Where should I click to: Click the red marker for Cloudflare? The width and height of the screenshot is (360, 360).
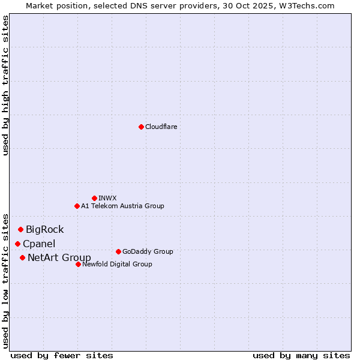pos(141,127)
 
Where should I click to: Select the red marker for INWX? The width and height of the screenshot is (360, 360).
pos(94,198)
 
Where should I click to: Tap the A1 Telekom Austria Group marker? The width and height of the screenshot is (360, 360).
pos(77,206)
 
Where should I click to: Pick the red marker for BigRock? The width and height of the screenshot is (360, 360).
pos(20,229)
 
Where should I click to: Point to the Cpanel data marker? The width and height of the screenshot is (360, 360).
pos(17,244)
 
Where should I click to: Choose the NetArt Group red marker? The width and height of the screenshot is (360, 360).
pos(22,257)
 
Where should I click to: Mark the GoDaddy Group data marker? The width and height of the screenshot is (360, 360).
pos(118,251)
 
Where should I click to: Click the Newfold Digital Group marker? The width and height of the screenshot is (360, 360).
pos(78,264)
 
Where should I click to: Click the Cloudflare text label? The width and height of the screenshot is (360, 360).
pos(161,127)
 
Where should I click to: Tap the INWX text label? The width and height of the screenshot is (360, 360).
pos(107,198)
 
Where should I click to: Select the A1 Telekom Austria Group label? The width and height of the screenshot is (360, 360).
pos(122,206)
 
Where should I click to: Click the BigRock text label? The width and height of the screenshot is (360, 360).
pos(44,229)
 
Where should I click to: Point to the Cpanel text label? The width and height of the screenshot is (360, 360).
pos(39,244)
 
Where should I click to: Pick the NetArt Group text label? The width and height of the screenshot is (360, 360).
pos(59,258)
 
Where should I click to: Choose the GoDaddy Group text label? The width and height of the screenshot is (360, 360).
pos(148,251)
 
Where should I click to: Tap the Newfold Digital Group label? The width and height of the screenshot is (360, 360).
pos(117,264)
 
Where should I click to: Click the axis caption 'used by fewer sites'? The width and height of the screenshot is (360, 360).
pos(62,355)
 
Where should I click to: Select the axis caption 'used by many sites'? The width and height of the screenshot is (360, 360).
pos(301,355)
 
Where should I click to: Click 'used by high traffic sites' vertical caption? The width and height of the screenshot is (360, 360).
pos(6,85)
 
